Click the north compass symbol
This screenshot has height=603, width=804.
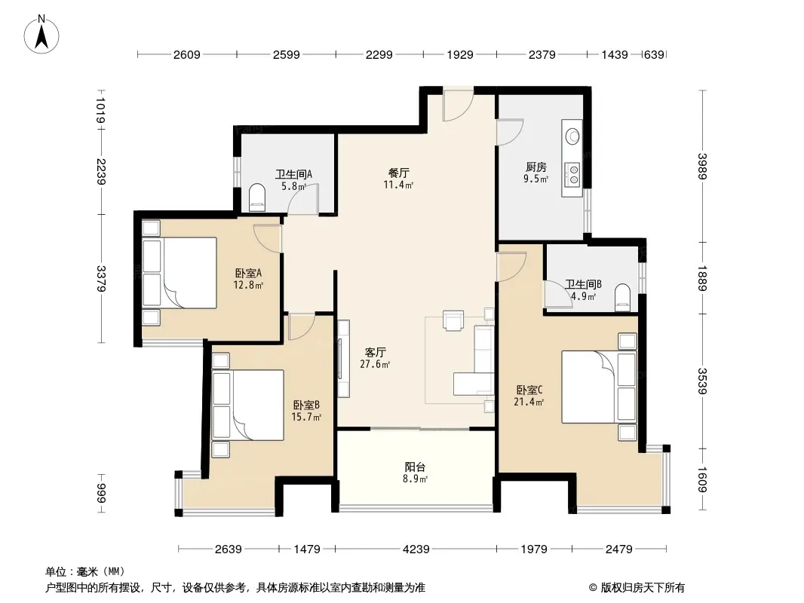pyautogui.click(x=41, y=35)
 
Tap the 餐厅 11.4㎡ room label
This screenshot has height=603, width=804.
pyautogui.click(x=398, y=179)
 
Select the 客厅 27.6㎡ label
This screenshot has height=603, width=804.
pyautogui.click(x=375, y=358)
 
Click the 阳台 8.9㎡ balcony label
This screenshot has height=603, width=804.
pyautogui.click(x=415, y=473)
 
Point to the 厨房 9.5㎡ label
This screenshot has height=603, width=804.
pyautogui.click(x=535, y=173)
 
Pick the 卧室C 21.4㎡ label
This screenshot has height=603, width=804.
pyautogui.click(x=529, y=396)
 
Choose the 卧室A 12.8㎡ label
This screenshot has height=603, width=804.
pyautogui.click(x=248, y=279)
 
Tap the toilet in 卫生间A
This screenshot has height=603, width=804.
pyautogui.click(x=257, y=197)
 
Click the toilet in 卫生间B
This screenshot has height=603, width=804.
pyautogui.click(x=622, y=298)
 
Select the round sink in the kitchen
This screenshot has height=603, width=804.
pyautogui.click(x=572, y=136)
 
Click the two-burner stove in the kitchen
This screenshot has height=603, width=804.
pyautogui.click(x=572, y=173)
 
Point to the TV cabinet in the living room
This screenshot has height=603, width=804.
pyautogui.click(x=343, y=359)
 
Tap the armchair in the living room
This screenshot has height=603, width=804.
pyautogui.click(x=453, y=320)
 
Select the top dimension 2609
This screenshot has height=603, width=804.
pyautogui.click(x=186, y=55)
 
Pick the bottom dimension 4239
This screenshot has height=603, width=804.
pyautogui.click(x=416, y=549)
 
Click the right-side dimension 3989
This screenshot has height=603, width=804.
pyautogui.click(x=703, y=166)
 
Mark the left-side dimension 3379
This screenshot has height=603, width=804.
pyautogui.click(x=101, y=279)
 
